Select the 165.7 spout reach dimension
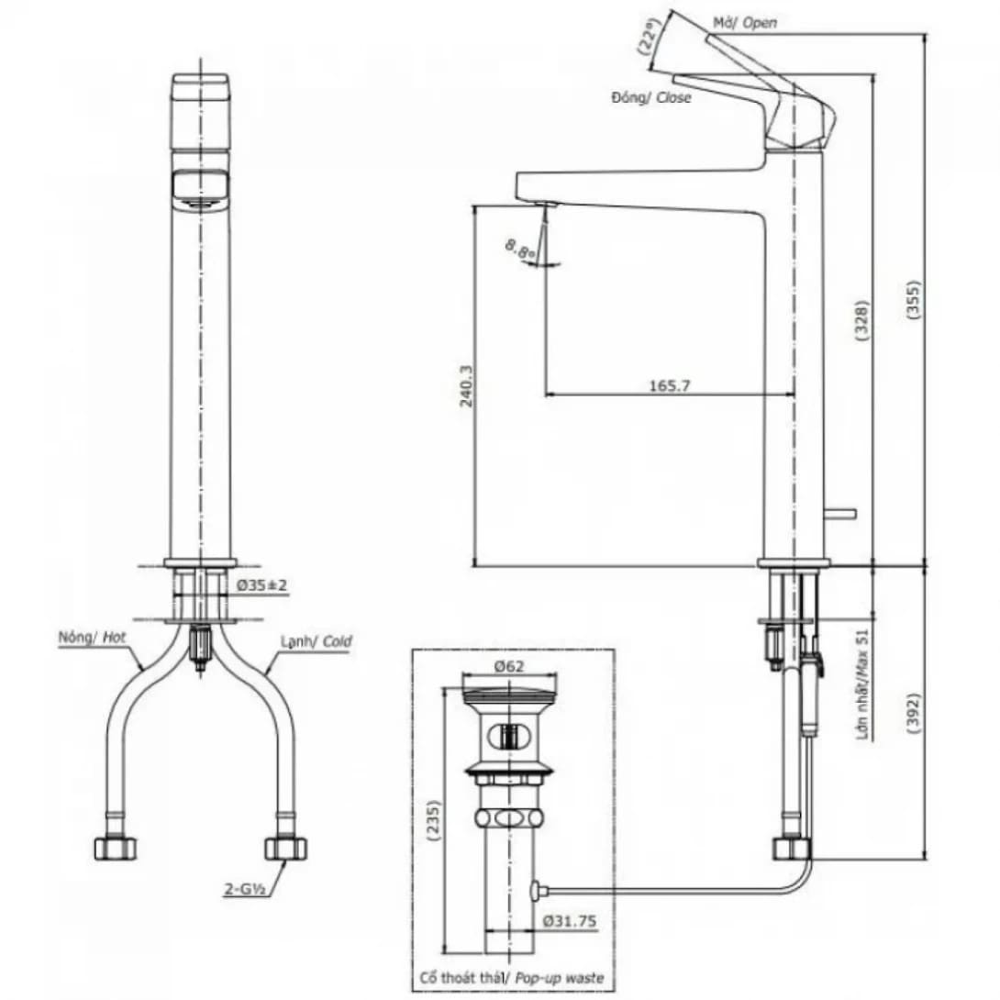click(670, 386)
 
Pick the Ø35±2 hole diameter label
click(263, 584)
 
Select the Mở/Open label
click(745, 22)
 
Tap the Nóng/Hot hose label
click(90, 636)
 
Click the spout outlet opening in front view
click(200, 188)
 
